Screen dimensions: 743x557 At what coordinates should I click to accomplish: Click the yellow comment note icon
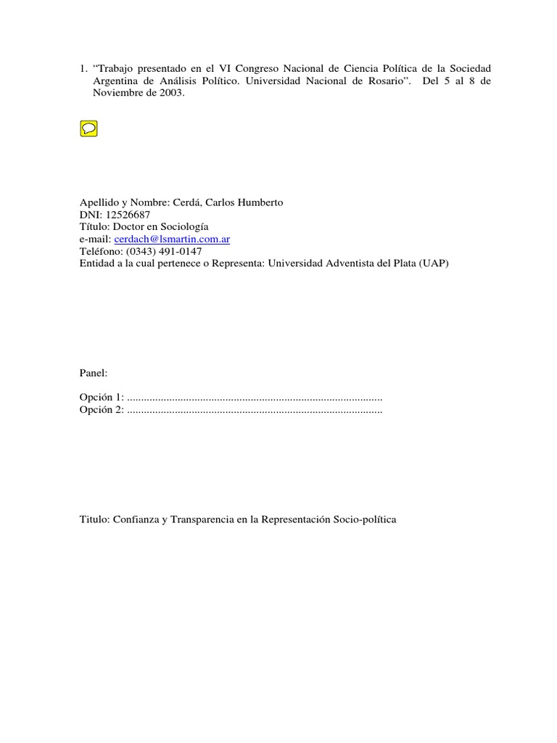coord(88,129)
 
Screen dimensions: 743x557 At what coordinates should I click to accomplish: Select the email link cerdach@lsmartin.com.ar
coord(172,239)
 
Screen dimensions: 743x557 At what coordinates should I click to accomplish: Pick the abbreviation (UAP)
coord(433,263)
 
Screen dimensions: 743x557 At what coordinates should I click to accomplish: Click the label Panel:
coord(94,373)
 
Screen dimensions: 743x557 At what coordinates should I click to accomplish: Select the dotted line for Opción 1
coord(255,398)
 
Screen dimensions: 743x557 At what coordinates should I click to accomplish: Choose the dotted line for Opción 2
coord(255,411)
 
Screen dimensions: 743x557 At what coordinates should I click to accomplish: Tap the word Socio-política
coord(365,520)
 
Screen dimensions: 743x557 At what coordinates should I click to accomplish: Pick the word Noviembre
coord(116,93)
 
